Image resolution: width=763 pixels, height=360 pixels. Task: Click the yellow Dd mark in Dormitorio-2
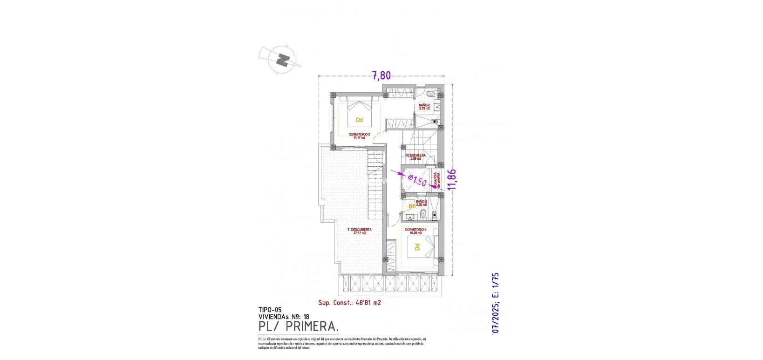click(x=359, y=120)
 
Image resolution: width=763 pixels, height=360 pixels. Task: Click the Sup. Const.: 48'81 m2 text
click(x=349, y=303)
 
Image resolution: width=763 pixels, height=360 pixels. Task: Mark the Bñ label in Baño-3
click(x=412, y=206)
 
